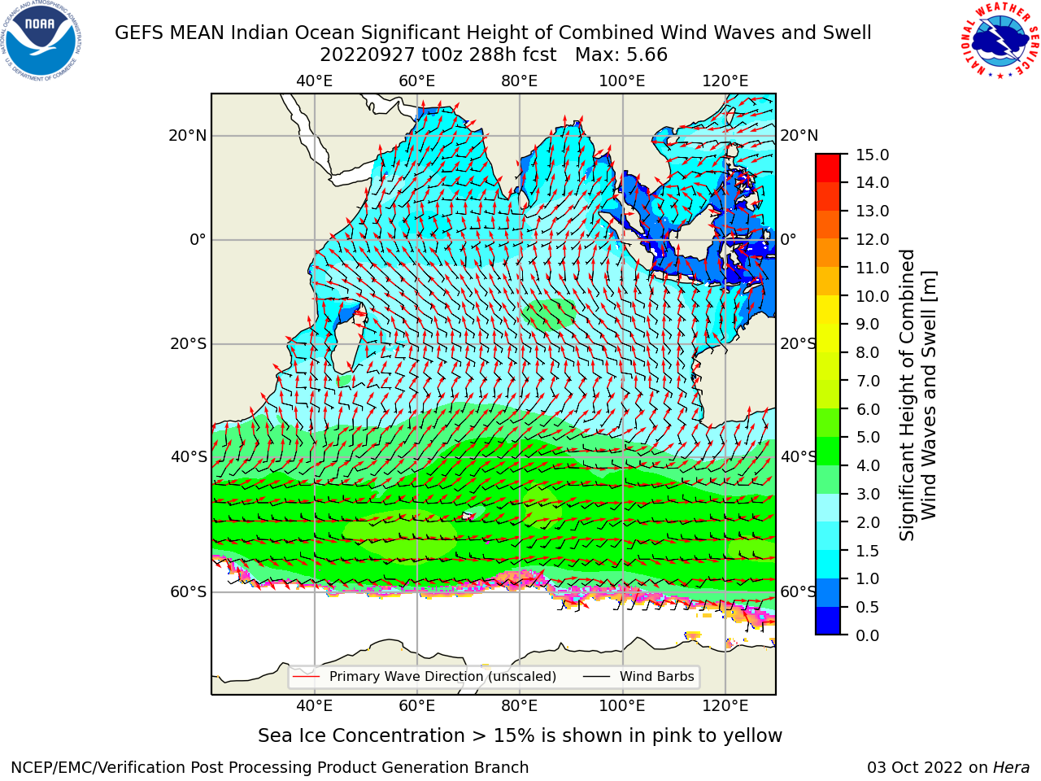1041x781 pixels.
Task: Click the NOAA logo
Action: point(41,41)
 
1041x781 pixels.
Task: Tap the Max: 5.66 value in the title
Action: point(621,55)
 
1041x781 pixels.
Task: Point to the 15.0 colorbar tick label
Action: point(872,155)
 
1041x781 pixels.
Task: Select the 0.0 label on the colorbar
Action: point(868,635)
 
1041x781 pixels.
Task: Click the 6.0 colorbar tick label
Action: point(868,408)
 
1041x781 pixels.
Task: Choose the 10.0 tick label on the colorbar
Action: point(872,296)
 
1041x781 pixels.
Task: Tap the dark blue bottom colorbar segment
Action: point(828,621)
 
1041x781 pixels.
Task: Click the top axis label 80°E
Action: point(520,81)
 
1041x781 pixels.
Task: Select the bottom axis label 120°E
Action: point(725,706)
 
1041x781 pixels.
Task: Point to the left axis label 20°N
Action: point(188,136)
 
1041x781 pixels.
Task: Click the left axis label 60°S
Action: point(189,591)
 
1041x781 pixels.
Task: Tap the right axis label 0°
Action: point(788,239)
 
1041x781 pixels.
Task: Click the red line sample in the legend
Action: point(307,677)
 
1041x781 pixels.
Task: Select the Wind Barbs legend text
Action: point(657,676)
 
